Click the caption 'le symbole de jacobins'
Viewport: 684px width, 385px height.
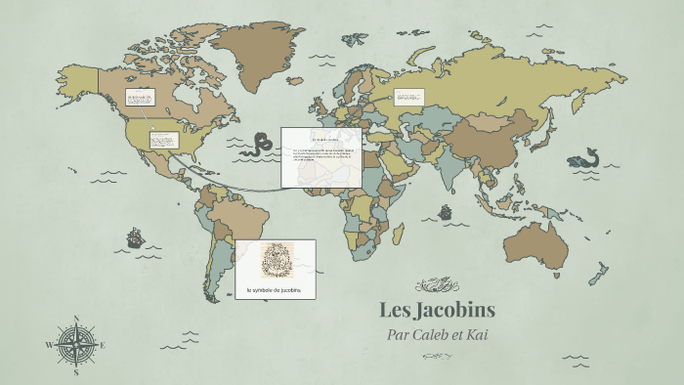coord(275,291)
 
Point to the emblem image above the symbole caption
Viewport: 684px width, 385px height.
coord(275,261)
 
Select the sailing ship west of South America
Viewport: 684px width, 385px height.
coord(134,237)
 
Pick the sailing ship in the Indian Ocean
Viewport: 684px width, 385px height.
coord(446,212)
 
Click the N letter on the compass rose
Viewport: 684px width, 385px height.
coord(76,318)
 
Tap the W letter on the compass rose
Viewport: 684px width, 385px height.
coord(49,345)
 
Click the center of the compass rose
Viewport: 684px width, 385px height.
coord(76,345)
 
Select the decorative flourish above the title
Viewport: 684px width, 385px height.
coord(437,285)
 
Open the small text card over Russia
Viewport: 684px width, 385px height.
coord(409,97)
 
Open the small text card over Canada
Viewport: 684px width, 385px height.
coord(140,100)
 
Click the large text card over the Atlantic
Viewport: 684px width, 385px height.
coord(321,156)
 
